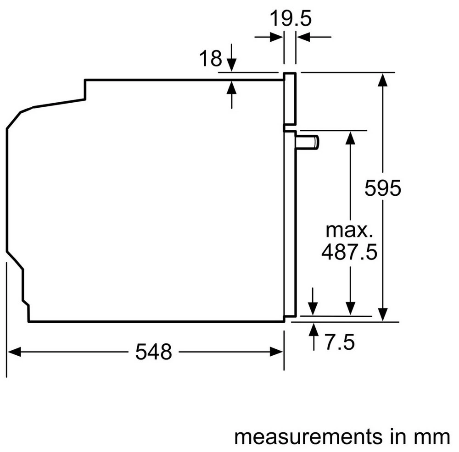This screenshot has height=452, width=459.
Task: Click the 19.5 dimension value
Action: (290, 19)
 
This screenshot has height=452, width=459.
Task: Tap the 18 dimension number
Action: (210, 59)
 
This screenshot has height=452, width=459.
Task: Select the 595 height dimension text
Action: (383, 188)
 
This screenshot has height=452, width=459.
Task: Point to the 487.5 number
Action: (349, 252)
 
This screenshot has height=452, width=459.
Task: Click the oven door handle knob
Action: (308, 142)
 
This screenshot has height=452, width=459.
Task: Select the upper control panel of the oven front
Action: (290, 99)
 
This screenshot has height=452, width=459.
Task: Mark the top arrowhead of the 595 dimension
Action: (382, 79)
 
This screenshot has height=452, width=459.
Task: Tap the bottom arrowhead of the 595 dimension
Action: (382, 314)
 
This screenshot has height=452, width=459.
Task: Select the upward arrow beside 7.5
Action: (314, 330)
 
